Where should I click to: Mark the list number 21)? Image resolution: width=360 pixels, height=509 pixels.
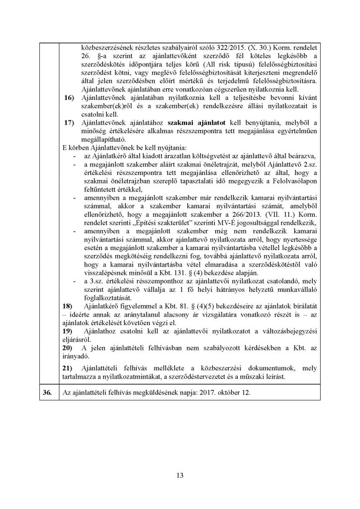(66, 367)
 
